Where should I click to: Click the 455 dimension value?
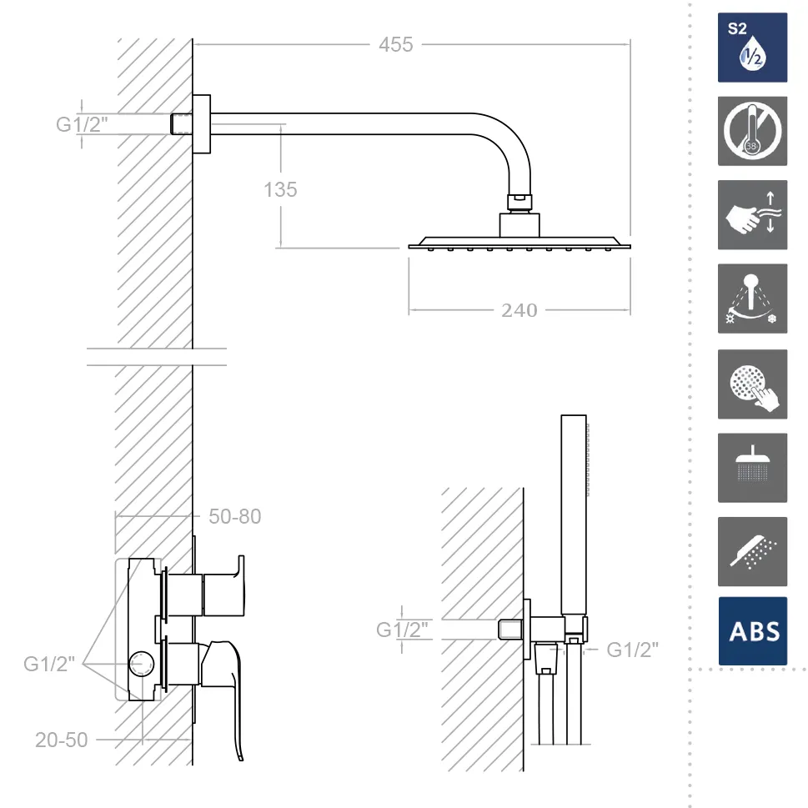pyautogui.click(x=396, y=45)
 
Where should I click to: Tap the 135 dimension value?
pyautogui.click(x=280, y=189)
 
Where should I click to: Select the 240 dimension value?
pyautogui.click(x=519, y=310)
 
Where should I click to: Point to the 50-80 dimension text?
pyautogui.click(x=235, y=516)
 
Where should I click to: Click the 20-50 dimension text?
pyautogui.click(x=62, y=740)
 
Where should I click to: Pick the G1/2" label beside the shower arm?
pyautogui.click(x=82, y=124)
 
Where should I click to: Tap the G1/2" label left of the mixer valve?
pyautogui.click(x=49, y=664)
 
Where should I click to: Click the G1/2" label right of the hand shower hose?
pyautogui.click(x=632, y=650)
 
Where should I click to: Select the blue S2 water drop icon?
pyautogui.click(x=752, y=48)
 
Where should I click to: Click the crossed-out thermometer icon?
pyautogui.click(x=752, y=131)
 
